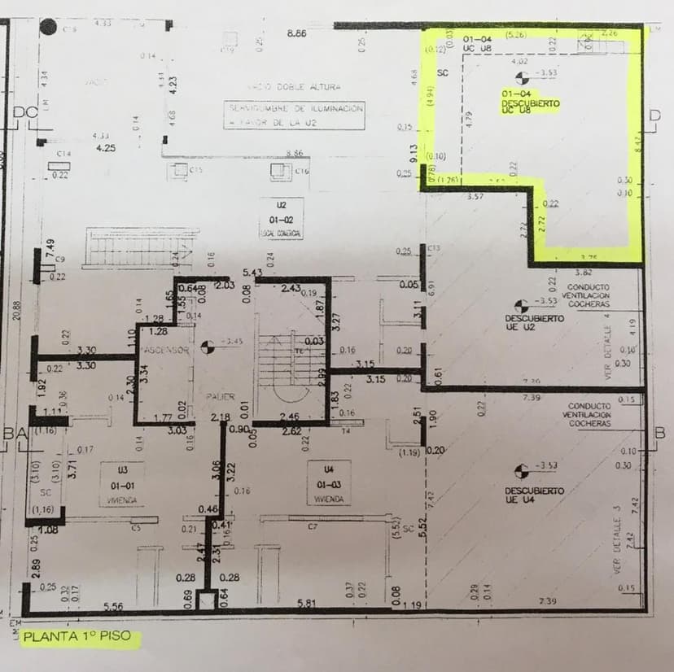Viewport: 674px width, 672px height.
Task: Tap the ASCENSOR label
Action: pos(165,350)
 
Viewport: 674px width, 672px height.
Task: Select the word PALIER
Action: pos(220,396)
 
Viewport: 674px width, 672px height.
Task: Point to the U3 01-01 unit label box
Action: pos(122,483)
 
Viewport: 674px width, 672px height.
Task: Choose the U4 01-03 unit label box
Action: pos(329,483)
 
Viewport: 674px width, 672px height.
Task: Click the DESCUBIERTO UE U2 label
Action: pos(533,322)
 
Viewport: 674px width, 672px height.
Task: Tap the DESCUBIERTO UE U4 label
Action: pos(534,495)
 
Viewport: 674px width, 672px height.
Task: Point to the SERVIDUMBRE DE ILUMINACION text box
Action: pos(295,114)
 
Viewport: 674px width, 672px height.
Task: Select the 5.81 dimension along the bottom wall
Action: pos(306,603)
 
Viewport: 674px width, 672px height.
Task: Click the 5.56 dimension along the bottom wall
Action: pos(114,606)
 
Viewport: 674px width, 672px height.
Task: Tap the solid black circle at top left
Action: pos(49,28)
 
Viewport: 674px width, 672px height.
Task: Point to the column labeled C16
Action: pos(281,170)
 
